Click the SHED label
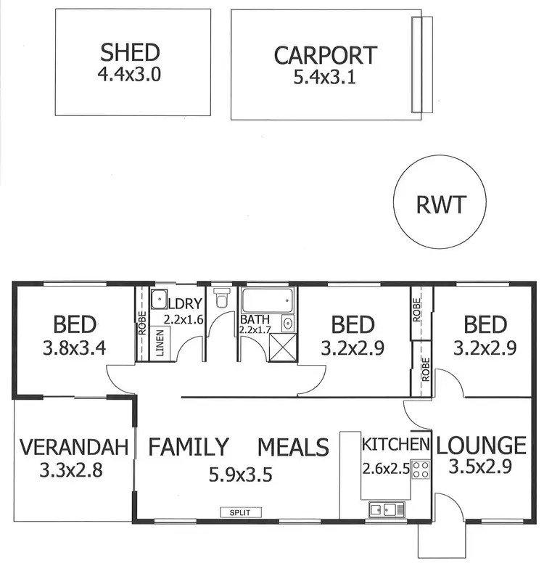(130, 52)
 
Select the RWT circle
(440, 205)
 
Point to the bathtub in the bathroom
(268, 299)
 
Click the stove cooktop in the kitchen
(421, 469)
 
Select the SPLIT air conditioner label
(240, 512)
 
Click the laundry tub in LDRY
(158, 299)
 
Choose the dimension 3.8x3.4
(75, 348)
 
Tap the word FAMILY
(189, 447)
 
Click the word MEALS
(293, 447)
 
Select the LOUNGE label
(482, 444)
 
